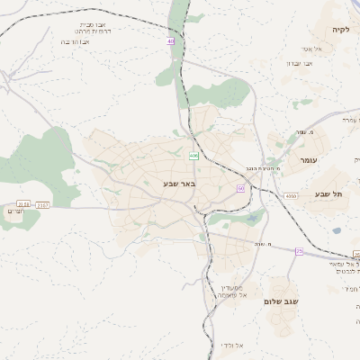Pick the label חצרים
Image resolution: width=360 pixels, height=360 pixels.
pos(14,211)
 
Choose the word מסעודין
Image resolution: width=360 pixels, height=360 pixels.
pos(231,286)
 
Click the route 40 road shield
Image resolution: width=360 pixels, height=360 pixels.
pos(170,41)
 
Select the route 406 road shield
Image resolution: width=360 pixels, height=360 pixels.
pos(193,156)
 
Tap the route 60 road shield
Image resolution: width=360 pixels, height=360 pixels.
pos(240,188)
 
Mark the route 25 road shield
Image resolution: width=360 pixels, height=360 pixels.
pos(299,251)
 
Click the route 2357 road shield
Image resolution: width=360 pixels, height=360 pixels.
pos(43,204)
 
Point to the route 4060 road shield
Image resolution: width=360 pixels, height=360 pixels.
pos(289,195)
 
